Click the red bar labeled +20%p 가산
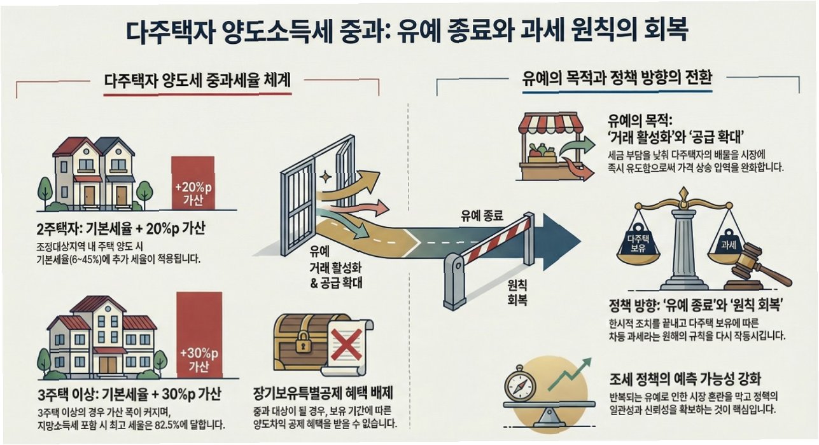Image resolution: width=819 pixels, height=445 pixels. tap(192, 182)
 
